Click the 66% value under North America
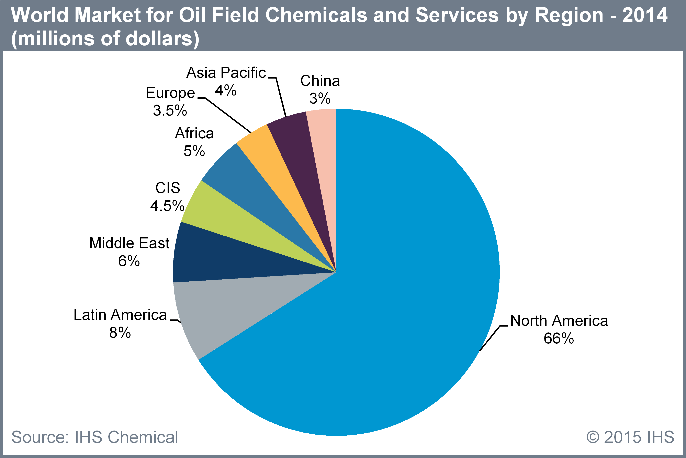tap(559, 338)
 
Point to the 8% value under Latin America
tap(120, 332)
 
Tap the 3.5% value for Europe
tap(170, 110)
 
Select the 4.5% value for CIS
tap(167, 206)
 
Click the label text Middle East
tap(129, 243)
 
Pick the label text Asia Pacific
tap(226, 72)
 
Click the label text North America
tap(559, 321)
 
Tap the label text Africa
tap(194, 133)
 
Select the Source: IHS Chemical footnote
tap(94, 437)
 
